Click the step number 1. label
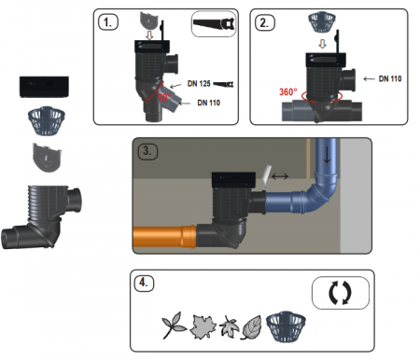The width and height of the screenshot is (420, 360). (108, 22)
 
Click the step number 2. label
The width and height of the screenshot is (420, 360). (265, 23)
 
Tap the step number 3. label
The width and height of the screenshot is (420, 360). (147, 151)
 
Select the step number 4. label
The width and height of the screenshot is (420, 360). (144, 284)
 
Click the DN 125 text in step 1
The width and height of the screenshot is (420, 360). (199, 83)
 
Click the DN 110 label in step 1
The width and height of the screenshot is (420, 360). (209, 103)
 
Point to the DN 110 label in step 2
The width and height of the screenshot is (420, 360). (390, 78)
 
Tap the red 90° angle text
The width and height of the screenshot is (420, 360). (164, 97)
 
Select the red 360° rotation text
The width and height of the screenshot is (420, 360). (288, 92)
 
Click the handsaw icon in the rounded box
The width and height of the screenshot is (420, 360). (214, 24)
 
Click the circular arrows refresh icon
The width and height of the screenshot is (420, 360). (340, 293)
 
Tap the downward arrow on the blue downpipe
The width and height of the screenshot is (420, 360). (327, 156)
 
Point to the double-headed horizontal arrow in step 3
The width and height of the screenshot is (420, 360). (280, 176)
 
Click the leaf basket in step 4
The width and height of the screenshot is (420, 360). (286, 326)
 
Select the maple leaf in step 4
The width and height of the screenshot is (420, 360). (203, 326)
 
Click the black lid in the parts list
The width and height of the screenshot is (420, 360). (44, 87)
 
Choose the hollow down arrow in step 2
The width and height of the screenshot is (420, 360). (323, 44)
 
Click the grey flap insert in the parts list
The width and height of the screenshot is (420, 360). (47, 158)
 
